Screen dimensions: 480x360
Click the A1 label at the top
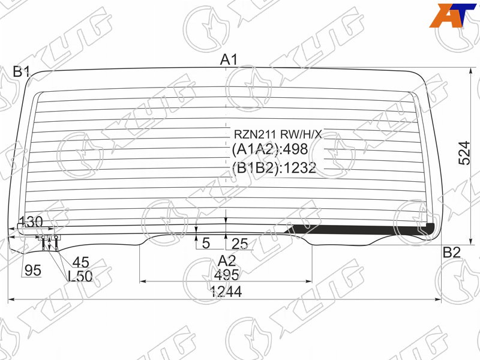point(229,59)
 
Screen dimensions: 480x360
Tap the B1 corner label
point(21,72)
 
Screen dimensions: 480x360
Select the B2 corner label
point(452,252)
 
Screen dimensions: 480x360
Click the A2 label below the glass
point(227,261)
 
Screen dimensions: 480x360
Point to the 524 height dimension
point(464,153)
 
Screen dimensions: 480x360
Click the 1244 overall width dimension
point(226,292)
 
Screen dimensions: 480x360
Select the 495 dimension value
point(227,275)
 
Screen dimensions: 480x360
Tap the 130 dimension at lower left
point(31,221)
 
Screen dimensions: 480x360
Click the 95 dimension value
point(33,271)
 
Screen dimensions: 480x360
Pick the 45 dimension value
point(81,262)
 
